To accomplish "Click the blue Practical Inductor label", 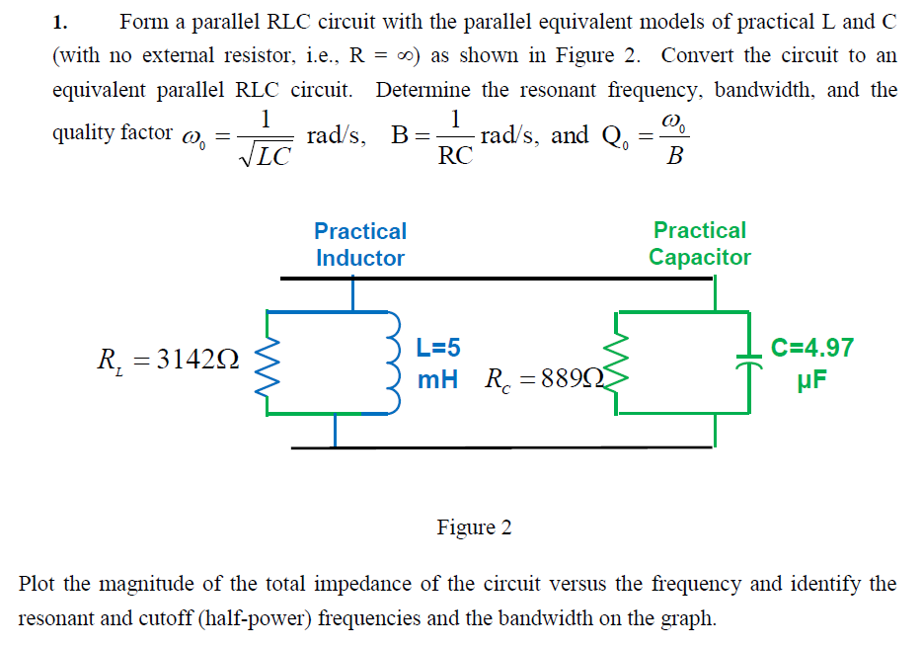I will tap(360, 244).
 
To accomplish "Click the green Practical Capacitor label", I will tap(699, 243).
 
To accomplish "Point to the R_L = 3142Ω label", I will tap(167, 362).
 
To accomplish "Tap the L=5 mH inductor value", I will tap(437, 363).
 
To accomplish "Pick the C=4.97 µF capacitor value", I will tap(811, 363).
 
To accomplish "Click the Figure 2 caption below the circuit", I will tap(474, 527).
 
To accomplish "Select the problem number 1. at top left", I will tap(59, 22).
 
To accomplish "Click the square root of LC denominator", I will tap(264, 156).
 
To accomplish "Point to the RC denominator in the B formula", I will tap(454, 155).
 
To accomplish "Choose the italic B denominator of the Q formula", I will tap(674, 156).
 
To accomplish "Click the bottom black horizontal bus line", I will tap(501, 447).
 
